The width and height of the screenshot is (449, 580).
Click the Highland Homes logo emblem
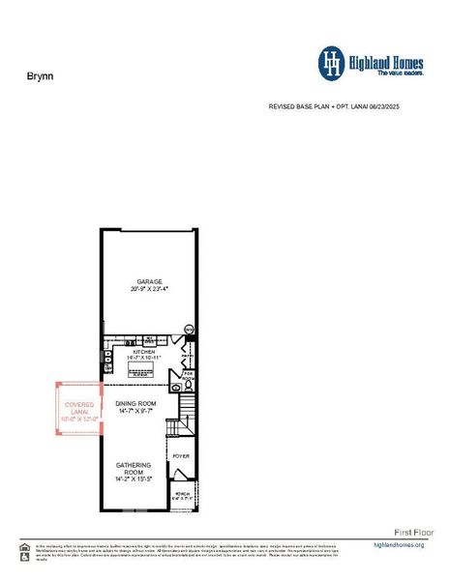[332, 63]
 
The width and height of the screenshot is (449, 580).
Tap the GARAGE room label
[148, 281]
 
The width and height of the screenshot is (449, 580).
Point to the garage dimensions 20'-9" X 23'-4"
[148, 289]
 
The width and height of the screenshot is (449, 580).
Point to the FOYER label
[180, 454]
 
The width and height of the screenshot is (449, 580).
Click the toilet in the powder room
[190, 384]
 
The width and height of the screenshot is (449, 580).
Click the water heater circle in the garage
[189, 331]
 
